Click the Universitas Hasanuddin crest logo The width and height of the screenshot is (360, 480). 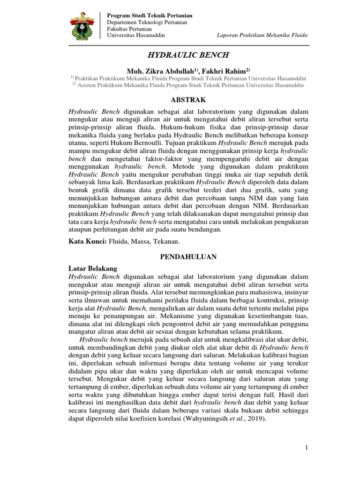(x=82, y=26)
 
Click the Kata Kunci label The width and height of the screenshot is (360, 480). (x=87, y=241)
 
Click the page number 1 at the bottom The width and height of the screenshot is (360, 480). (x=307, y=448)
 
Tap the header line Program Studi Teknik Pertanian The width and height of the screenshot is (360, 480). (x=150, y=16)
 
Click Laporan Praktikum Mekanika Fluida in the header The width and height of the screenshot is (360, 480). (x=262, y=36)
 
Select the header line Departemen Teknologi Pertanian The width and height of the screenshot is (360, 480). (x=147, y=22)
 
